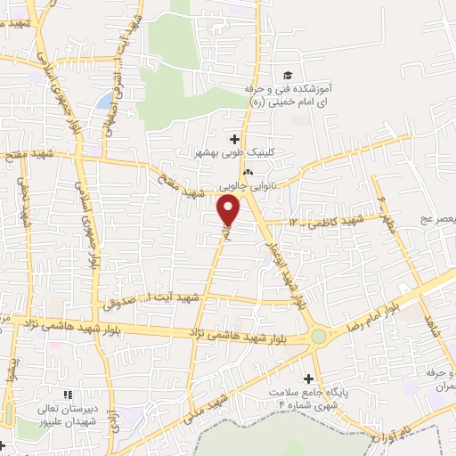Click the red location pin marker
(x=229, y=211)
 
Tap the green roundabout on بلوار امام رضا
(x=319, y=337)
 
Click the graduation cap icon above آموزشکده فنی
(x=287, y=76)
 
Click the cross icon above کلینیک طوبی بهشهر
(x=235, y=138)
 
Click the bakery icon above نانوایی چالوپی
(x=248, y=173)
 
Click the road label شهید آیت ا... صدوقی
(x=134, y=300)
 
